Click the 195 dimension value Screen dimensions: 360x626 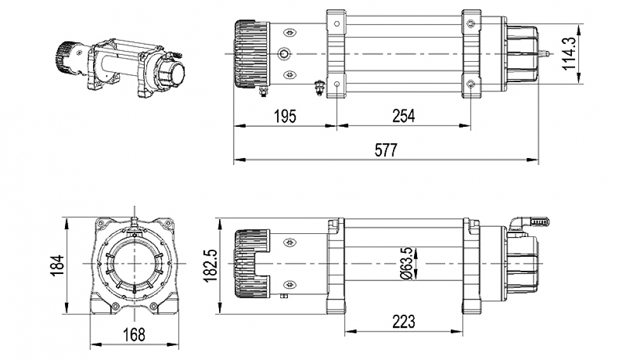point(285,116)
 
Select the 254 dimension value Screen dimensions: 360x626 point(403,116)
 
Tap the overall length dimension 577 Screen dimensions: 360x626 point(386,150)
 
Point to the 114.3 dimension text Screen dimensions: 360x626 point(571,54)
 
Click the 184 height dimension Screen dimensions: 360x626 point(57,264)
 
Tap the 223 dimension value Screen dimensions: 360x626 point(404,320)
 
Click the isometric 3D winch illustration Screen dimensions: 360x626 point(121,66)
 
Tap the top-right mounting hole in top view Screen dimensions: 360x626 point(471,24)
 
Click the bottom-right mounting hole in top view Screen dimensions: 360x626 point(471,85)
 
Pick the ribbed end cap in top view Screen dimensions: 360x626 point(249,54)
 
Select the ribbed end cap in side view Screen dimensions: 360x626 point(249,263)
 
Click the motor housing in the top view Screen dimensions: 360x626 point(522,54)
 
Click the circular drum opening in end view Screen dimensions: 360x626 point(134,263)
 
